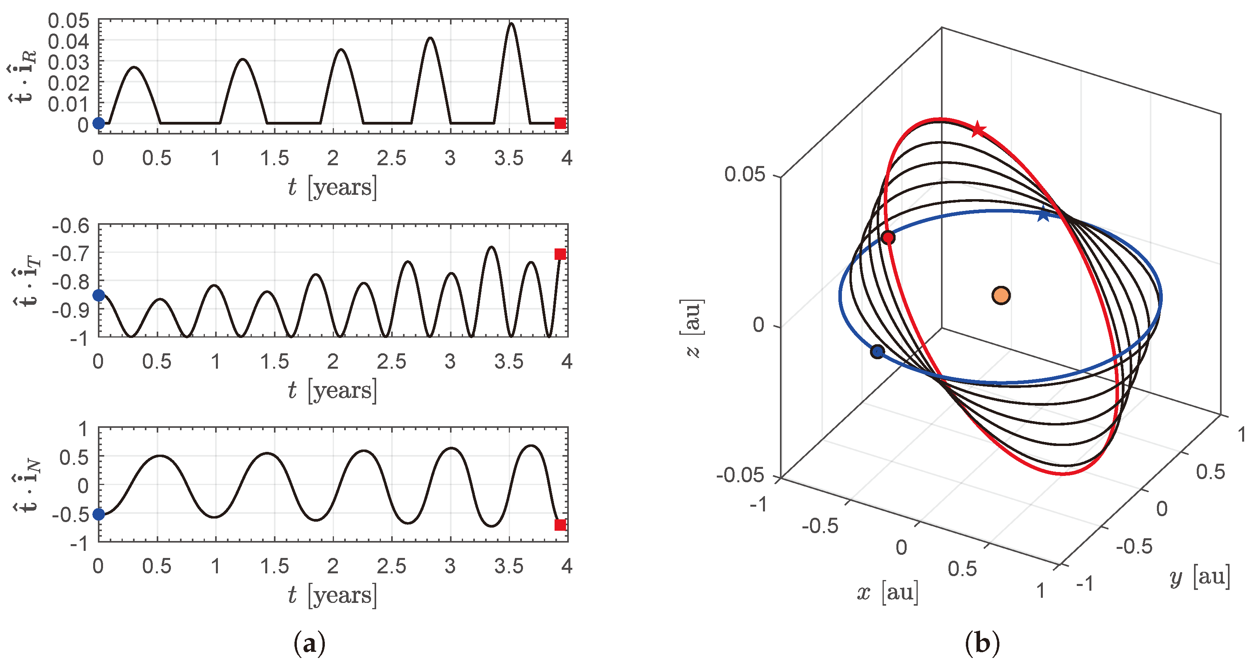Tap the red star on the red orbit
(x=978, y=130)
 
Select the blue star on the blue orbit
(x=1043, y=215)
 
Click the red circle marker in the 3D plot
(x=888, y=238)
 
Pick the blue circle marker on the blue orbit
(x=877, y=351)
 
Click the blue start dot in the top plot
(x=99, y=123)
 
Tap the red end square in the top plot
(x=560, y=123)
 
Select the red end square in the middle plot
(x=560, y=254)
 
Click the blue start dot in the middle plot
(x=99, y=295)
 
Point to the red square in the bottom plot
(x=560, y=525)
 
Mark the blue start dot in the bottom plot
(x=99, y=514)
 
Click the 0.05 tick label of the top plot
(x=69, y=21)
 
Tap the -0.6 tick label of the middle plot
(x=71, y=226)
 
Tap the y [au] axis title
(x=1200, y=577)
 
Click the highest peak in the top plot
(x=511, y=24)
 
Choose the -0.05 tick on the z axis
(x=740, y=475)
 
